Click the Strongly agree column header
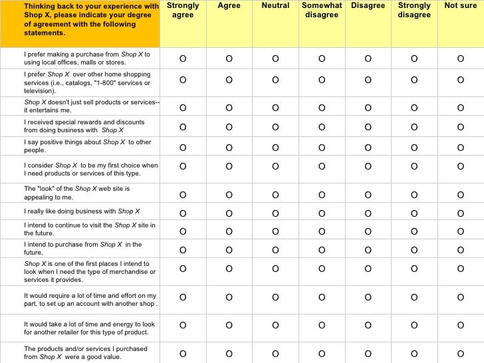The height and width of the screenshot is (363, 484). click(183, 10)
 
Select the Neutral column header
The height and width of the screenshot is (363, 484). click(275, 6)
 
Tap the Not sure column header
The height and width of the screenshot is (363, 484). click(460, 6)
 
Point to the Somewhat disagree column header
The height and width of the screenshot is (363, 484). click(322, 10)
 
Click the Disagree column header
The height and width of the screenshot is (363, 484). click(368, 6)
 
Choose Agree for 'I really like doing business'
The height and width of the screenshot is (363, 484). click(229, 213)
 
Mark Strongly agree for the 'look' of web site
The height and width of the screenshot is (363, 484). click(183, 195)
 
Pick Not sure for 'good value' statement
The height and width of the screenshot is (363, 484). click(460, 353)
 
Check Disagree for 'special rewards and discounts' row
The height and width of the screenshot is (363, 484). click(368, 127)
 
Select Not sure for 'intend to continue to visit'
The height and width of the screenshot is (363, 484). click(460, 231)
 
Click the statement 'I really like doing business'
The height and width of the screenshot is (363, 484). click(82, 211)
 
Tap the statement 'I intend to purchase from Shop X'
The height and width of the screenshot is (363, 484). click(82, 248)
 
